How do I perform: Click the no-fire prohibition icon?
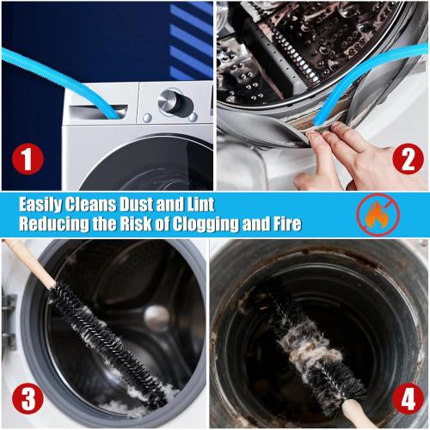pyautogui.click(x=376, y=215)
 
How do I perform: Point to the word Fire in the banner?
pyautogui.click(x=283, y=225)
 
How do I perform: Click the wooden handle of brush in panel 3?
pyautogui.click(x=26, y=262)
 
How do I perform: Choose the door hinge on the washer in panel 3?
pyautogui.click(x=9, y=310)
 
